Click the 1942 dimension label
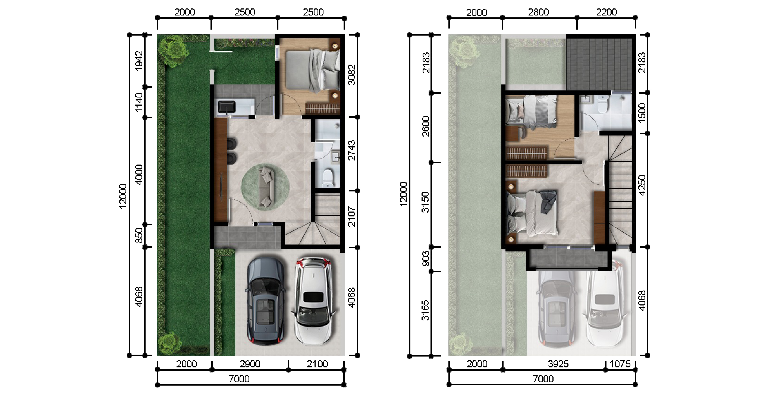coord(139,61)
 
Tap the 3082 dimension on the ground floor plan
coord(352,74)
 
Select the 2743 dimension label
coord(352,150)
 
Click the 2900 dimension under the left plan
coord(250,364)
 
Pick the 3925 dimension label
coord(558,364)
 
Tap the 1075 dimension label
coord(620,364)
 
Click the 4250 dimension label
coord(642,185)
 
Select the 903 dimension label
coord(425,259)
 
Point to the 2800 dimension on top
coord(538,12)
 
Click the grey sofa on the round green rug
coord(267,187)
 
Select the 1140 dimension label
coord(139,103)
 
